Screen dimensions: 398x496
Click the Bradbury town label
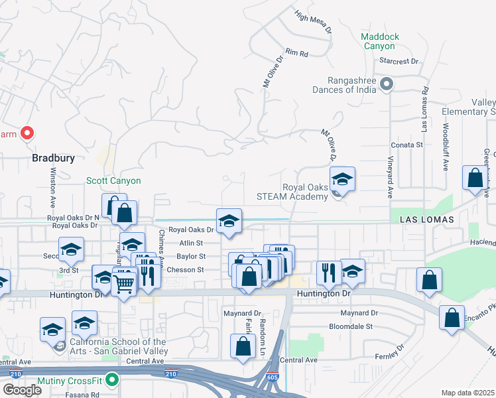[54, 159]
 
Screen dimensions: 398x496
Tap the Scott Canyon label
[113, 180]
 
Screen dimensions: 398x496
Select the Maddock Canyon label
[381, 41]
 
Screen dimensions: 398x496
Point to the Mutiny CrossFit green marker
[112, 381]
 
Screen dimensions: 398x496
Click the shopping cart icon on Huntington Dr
[125, 283]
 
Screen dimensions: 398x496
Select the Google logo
[22, 389]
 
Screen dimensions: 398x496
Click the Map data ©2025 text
[468, 393]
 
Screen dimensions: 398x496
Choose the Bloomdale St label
[351, 326]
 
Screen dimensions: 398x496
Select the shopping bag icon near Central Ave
[243, 346]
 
